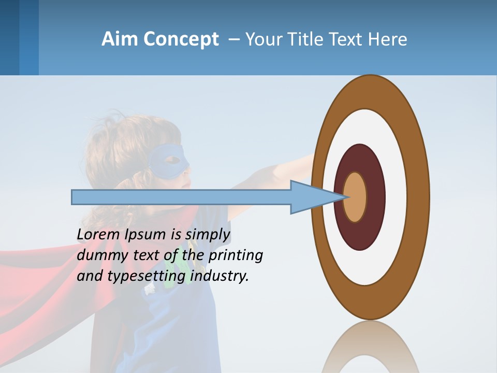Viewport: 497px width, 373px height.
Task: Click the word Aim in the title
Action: click(x=120, y=39)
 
